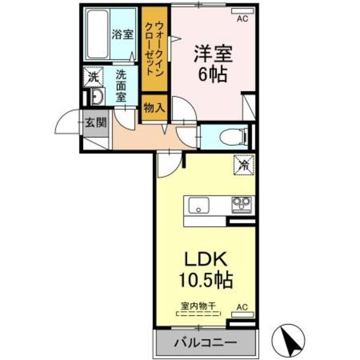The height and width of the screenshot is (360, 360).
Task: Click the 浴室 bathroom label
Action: click(123, 34)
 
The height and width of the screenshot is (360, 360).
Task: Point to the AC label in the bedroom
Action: click(241, 19)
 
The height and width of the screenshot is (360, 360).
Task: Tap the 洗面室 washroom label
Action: click(121, 84)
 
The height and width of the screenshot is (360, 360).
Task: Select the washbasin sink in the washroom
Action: click(95, 97)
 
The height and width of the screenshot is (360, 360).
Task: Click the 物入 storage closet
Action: click(154, 108)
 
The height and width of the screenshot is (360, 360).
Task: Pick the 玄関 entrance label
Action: click(93, 122)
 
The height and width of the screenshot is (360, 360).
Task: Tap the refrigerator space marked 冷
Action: click(244, 164)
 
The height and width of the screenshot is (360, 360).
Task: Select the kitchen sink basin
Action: click(199, 205)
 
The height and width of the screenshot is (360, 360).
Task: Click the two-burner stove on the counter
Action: click(242, 204)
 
